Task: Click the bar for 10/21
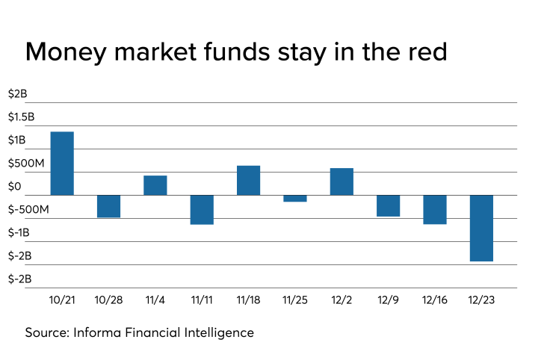pos(62,164)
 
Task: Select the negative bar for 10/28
pos(108,206)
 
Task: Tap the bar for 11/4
pos(155,185)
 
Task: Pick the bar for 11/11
pos(202,210)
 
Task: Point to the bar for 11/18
pos(248,180)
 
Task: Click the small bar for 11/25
pos(294,199)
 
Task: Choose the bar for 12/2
pos(342,181)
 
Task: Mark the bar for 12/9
pos(388,206)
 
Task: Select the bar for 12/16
pos(434,210)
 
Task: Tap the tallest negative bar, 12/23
pos(481,228)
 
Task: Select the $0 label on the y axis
pos(14,187)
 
